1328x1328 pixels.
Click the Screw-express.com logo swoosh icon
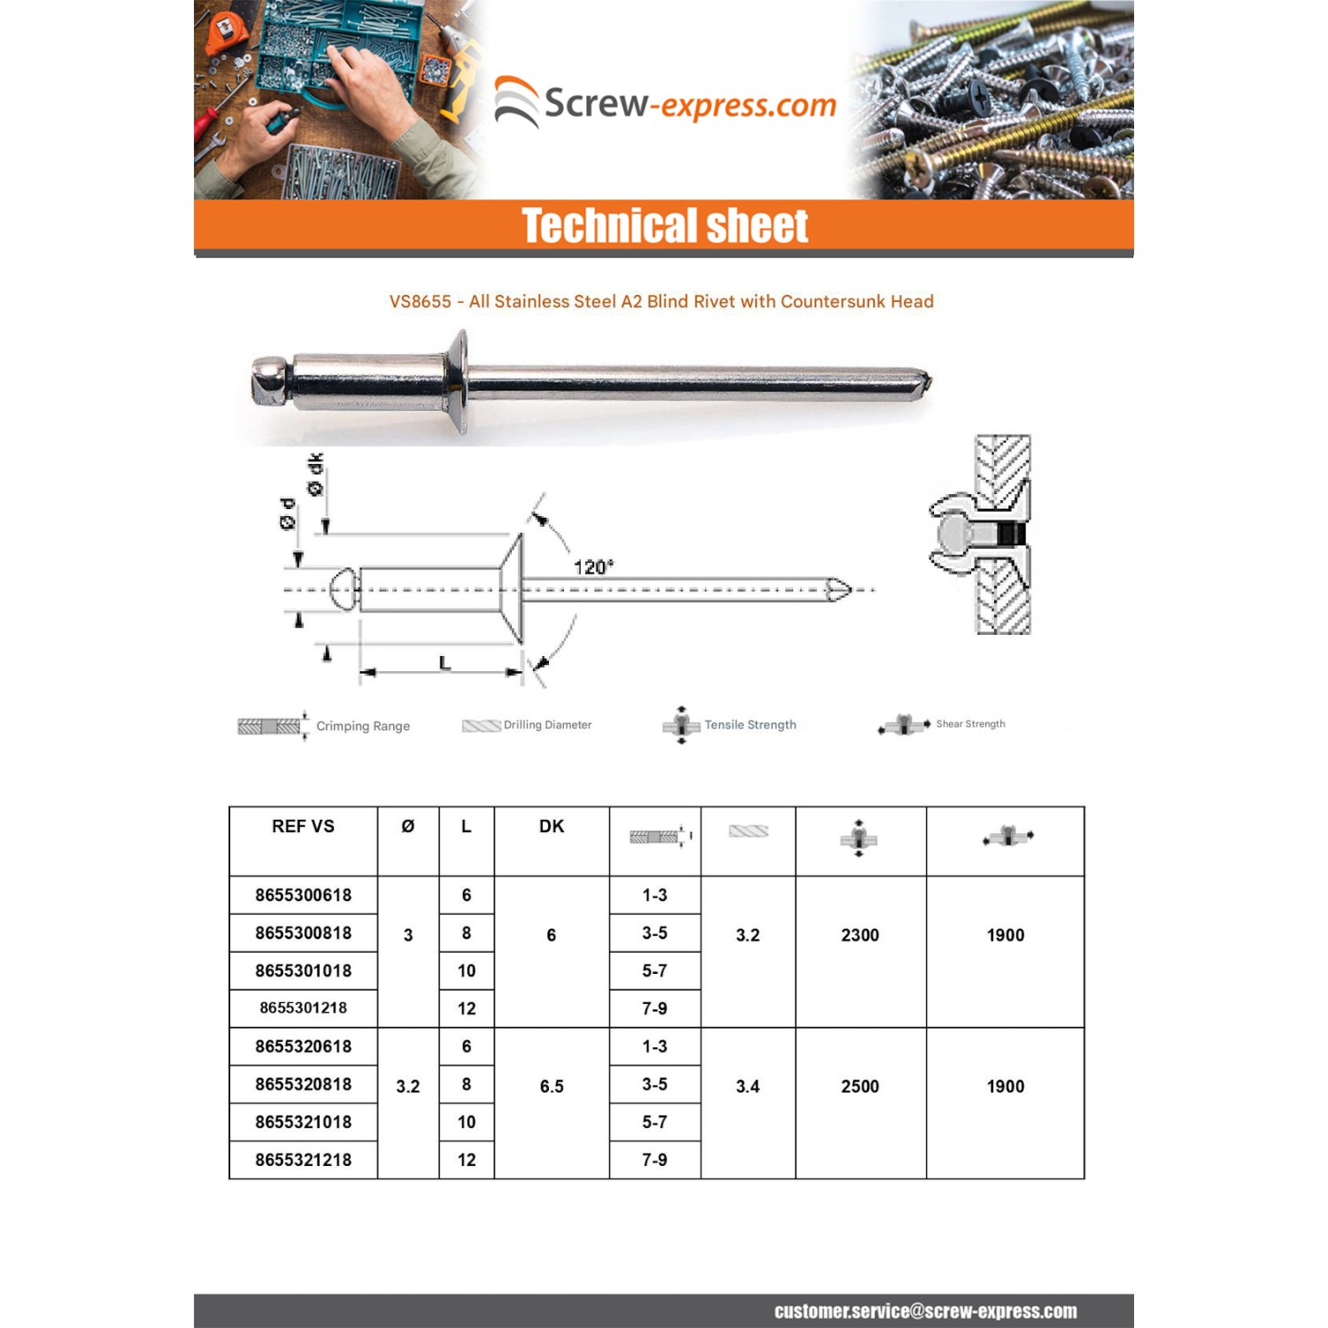(516, 102)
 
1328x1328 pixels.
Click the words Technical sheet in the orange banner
(664, 226)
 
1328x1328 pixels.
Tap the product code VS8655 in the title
(421, 302)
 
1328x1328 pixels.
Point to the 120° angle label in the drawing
(593, 567)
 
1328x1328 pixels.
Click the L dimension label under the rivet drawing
(444, 662)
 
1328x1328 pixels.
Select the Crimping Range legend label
(363, 726)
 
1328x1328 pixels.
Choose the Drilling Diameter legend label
(547, 725)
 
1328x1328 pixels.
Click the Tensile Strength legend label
(750, 725)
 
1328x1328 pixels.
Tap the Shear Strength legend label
(970, 724)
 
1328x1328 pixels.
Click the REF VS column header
(303, 826)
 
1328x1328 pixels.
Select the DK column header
(552, 826)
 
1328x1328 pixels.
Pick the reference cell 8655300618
(303, 895)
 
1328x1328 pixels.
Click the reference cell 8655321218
(303, 1160)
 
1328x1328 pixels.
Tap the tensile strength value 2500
(860, 1086)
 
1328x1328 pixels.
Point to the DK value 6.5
(552, 1086)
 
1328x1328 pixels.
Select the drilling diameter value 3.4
(747, 1086)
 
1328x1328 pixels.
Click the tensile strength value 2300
(860, 935)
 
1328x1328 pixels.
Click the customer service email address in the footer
(925, 1311)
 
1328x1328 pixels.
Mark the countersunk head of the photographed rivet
(458, 382)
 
